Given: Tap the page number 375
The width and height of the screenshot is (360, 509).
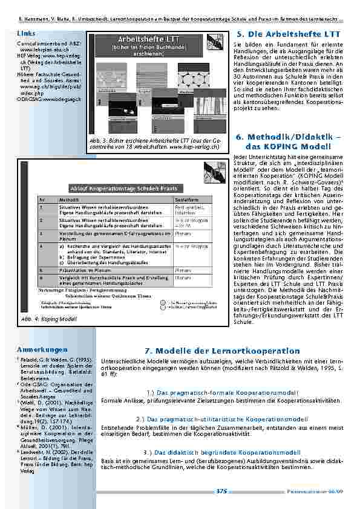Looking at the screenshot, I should [x=221, y=491].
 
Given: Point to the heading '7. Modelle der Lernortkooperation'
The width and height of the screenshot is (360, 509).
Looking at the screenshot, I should [x=223, y=351].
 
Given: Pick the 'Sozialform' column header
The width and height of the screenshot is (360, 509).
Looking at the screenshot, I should [x=186, y=198].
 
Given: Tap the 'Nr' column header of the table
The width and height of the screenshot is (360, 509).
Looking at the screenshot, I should [x=42, y=198].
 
